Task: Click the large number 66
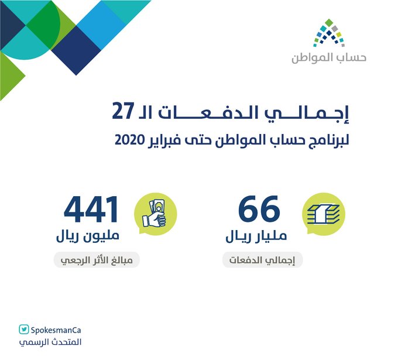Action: pyautogui.click(x=259, y=209)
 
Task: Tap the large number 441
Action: pyautogui.click(x=91, y=209)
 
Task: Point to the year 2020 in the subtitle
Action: pyautogui.click(x=130, y=140)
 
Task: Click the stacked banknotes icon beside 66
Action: pyautogui.click(x=324, y=214)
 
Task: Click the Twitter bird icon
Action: pyautogui.click(x=24, y=330)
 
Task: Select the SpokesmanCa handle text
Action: pyautogui.click(x=56, y=330)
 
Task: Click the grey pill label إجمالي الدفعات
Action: pyautogui.click(x=262, y=260)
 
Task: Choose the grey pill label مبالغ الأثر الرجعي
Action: pyautogui.click(x=97, y=260)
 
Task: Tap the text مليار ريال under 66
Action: pyautogui.click(x=256, y=236)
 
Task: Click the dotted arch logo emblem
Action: pyautogui.click(x=329, y=33)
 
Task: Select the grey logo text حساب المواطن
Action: pyautogui.click(x=329, y=58)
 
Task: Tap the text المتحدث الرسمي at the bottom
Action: pyautogui.click(x=50, y=342)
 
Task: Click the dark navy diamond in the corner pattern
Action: pyautogui.click(x=76, y=50)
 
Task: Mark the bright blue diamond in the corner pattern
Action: pyautogui.click(x=101, y=25)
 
